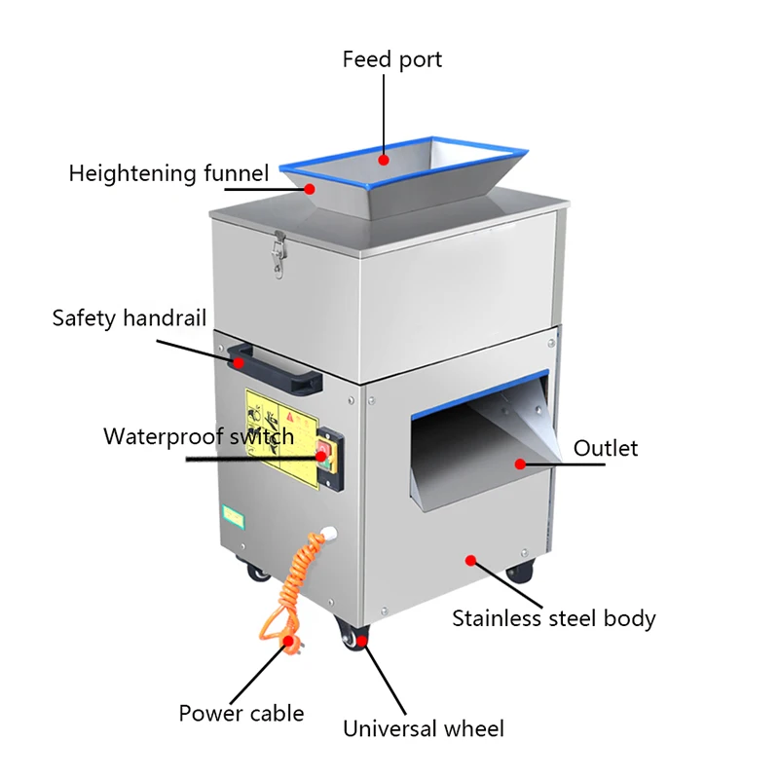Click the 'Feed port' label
click(391, 59)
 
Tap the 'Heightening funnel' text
click(167, 174)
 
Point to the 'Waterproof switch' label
click(199, 435)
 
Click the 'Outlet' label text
click(605, 448)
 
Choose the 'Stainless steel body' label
click(553, 617)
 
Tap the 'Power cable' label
click(241, 713)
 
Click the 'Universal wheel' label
click(423, 728)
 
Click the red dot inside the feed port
click(384, 159)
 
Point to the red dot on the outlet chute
click(520, 464)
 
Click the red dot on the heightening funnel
click(310, 188)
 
